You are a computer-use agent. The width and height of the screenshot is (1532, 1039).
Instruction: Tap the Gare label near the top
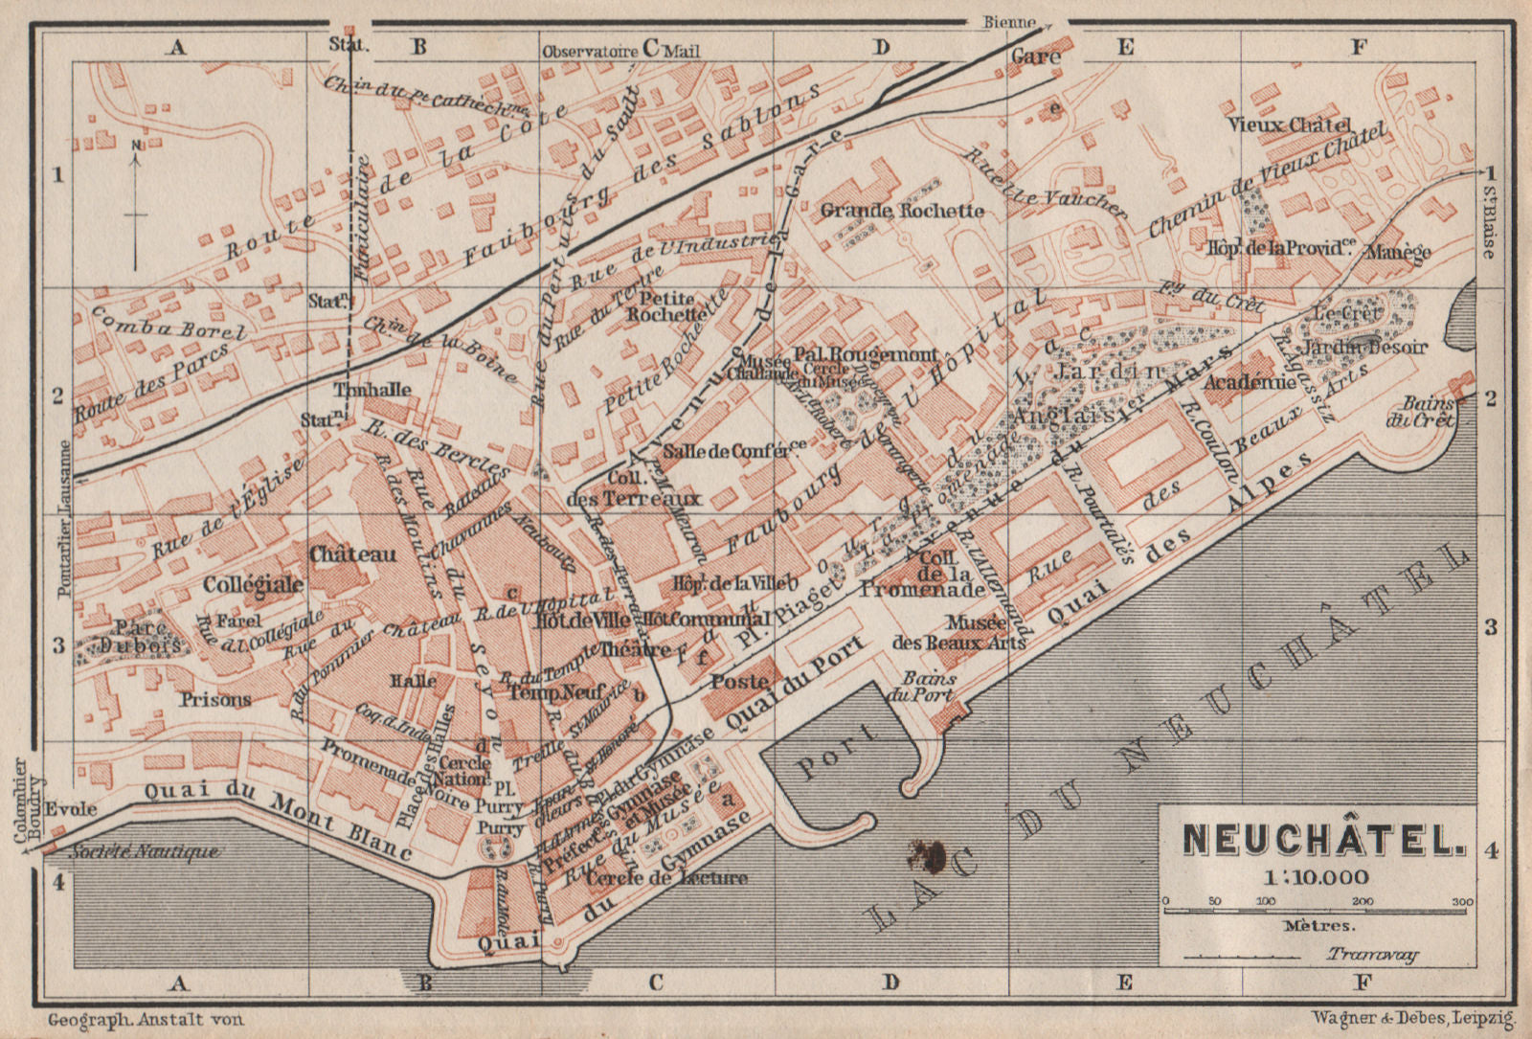[1036, 56]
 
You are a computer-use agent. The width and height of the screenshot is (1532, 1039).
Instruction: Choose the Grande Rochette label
[902, 211]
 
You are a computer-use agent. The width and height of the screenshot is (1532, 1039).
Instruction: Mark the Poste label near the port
[739, 681]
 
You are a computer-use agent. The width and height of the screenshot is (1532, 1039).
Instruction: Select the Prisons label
[215, 700]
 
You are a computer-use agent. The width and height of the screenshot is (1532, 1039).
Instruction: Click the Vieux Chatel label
[1303, 124]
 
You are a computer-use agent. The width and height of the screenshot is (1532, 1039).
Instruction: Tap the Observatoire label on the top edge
[590, 51]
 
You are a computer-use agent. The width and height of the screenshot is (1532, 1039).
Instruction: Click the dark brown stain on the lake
[926, 850]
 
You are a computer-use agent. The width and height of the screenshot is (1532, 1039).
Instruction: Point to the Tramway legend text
[1372, 954]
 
